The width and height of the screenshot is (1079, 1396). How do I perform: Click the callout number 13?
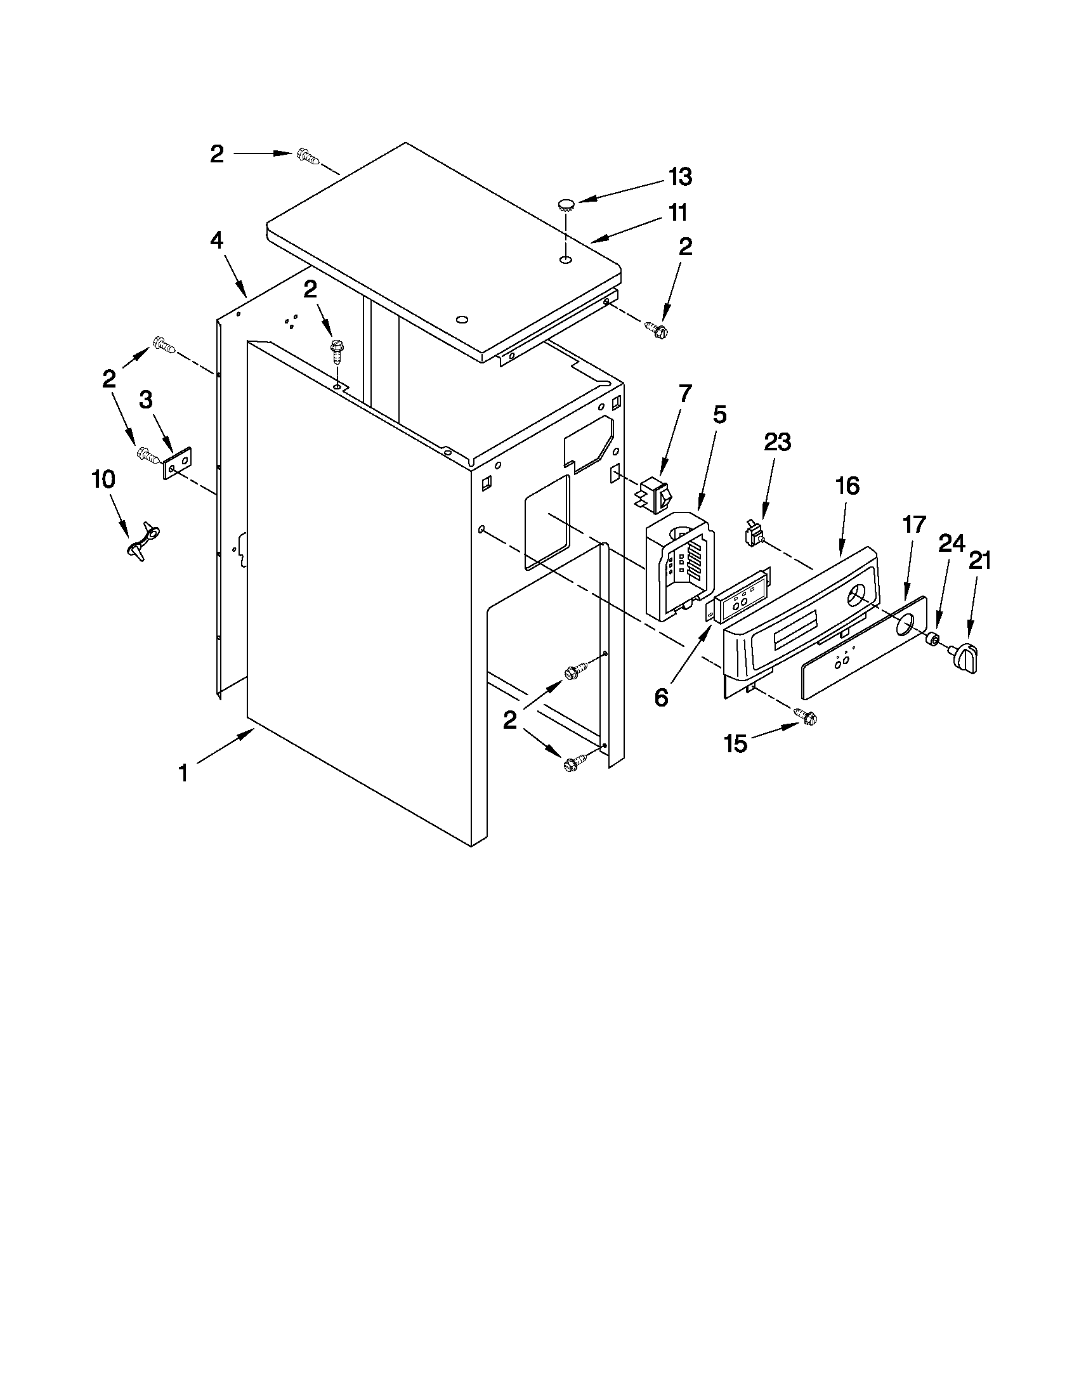(680, 177)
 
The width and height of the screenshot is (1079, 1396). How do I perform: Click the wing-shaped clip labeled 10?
(145, 540)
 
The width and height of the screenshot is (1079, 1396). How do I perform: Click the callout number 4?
(217, 240)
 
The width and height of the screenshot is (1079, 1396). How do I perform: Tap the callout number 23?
(777, 441)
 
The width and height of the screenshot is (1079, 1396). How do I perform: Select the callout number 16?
(847, 486)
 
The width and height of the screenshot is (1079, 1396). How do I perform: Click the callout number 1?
(183, 773)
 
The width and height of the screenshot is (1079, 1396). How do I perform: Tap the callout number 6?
(662, 698)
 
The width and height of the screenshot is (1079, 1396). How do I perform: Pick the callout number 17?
(914, 525)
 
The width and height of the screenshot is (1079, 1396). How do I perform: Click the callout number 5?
(719, 415)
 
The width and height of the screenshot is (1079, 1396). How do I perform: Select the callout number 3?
(147, 400)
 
